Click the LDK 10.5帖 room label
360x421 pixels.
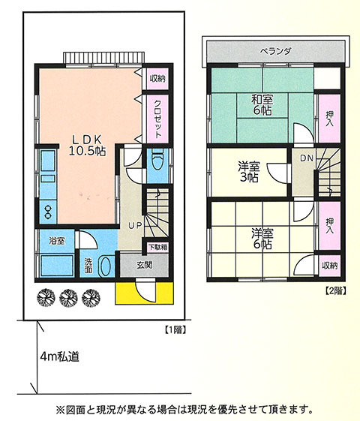[87, 146]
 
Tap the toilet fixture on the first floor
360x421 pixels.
[157, 161]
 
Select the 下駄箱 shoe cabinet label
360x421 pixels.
[158, 246]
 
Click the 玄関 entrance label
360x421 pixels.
[145, 265]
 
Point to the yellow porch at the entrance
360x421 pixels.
[144, 293]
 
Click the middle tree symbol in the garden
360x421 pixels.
[69, 298]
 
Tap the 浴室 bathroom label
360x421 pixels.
[57, 241]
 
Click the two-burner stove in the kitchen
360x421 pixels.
[48, 212]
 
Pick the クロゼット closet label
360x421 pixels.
[157, 119]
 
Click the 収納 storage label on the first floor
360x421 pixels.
[157, 78]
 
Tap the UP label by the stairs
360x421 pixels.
[135, 226]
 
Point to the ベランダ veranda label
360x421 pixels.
[275, 51]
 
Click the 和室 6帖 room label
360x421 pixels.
[262, 105]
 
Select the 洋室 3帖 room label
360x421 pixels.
[249, 172]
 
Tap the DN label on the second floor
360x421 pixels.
[307, 158]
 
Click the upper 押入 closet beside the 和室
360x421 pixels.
[330, 119]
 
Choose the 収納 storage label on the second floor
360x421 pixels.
[330, 266]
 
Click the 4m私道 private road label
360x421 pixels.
[59, 356]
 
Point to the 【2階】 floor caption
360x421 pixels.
[335, 290]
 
